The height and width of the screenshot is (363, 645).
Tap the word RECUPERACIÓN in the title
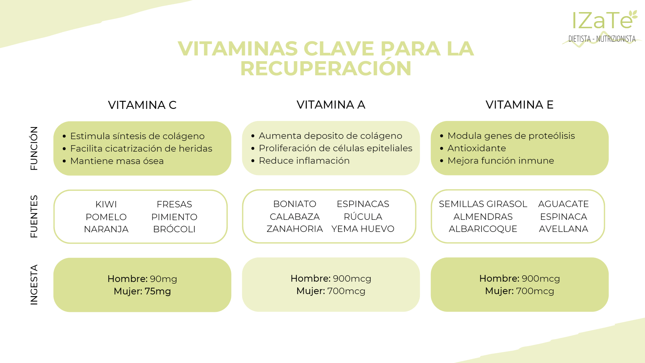tap(326, 68)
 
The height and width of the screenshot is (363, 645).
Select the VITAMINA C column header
tap(142, 105)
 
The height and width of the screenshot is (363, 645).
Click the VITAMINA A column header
tap(331, 105)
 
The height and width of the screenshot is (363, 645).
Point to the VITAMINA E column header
tap(519, 105)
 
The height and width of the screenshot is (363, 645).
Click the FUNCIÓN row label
tap(34, 148)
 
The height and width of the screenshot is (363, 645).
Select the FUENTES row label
tap(34, 216)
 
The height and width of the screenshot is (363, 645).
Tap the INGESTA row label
tap(34, 285)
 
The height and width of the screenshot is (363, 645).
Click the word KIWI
tap(106, 204)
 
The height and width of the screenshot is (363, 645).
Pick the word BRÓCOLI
tap(174, 229)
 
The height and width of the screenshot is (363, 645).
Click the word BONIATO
tap(295, 204)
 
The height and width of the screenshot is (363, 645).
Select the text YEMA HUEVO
tap(363, 229)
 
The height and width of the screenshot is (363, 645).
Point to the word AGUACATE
tap(563, 204)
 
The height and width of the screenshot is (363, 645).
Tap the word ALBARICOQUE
tap(483, 229)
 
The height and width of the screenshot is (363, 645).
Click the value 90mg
tap(164, 279)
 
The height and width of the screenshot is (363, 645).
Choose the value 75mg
tap(158, 291)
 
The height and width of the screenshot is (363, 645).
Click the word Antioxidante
tap(477, 148)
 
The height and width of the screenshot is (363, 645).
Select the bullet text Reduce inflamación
tap(304, 160)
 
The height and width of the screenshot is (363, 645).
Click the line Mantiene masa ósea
tap(117, 161)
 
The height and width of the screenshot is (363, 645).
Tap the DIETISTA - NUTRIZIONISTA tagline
tap(602, 39)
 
